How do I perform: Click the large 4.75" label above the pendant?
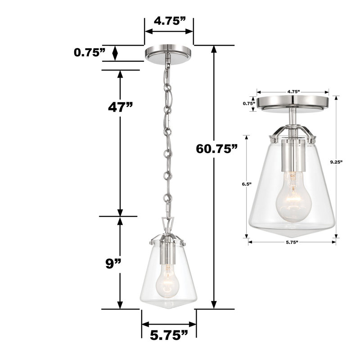169,21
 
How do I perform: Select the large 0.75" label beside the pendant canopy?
90,53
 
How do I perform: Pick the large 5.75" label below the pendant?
169,335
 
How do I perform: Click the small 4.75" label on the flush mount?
293,91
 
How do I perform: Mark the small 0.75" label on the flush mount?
249,103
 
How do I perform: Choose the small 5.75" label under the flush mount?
292,243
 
